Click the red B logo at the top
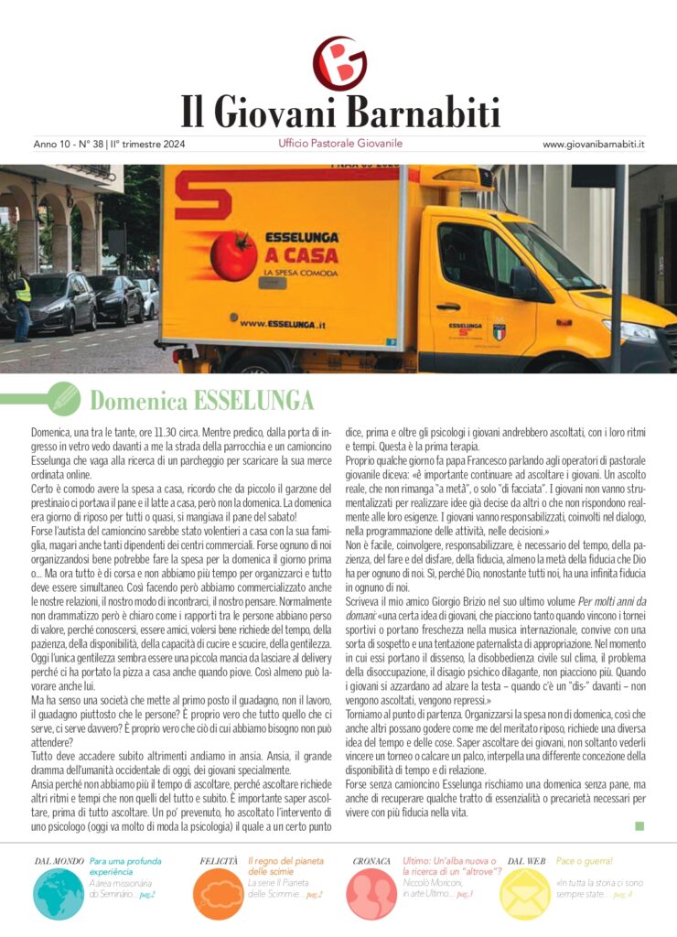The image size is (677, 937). click(x=339, y=63)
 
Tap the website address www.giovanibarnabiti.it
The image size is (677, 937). click(x=594, y=145)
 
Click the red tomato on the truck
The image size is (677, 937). click(x=234, y=255)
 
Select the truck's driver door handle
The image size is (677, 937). click(x=447, y=307)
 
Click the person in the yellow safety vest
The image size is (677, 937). click(x=21, y=303)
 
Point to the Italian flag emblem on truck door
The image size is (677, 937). click(x=500, y=332)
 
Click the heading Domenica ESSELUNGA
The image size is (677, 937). click(x=201, y=400)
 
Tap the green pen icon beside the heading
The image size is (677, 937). click(x=64, y=398)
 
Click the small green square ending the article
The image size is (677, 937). click(x=639, y=825)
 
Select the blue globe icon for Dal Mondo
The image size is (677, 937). click(x=59, y=893)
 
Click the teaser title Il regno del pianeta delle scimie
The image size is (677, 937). click(x=285, y=867)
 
